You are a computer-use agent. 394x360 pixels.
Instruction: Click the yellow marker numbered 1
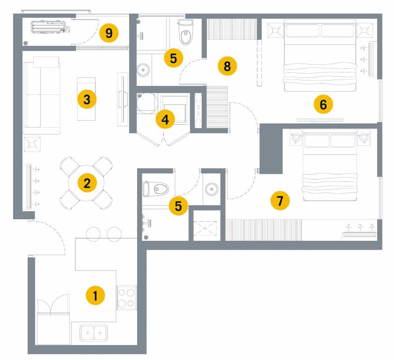(95, 295)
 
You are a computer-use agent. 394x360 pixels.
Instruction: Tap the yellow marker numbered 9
(109, 33)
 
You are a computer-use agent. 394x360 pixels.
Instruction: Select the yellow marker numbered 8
(227, 66)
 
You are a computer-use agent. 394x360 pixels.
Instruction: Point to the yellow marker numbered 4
(165, 120)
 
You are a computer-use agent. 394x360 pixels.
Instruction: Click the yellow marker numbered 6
(323, 104)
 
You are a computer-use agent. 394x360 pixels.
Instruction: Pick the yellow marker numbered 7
(280, 201)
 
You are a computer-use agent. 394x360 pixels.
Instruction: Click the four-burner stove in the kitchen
(126, 297)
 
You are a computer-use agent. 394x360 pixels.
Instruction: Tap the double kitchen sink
(94, 333)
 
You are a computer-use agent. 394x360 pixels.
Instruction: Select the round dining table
(86, 183)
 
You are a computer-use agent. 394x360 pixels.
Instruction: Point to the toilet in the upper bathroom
(186, 32)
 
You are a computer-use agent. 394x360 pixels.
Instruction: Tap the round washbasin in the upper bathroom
(143, 70)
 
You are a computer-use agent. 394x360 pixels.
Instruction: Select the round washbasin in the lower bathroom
(212, 189)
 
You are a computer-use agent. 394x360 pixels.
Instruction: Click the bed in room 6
(320, 55)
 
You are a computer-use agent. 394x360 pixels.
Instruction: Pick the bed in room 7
(330, 165)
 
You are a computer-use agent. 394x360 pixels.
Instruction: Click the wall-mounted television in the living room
(123, 100)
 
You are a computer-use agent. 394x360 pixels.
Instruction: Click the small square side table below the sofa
(32, 144)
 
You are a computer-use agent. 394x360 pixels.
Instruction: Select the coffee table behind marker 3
(86, 99)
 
